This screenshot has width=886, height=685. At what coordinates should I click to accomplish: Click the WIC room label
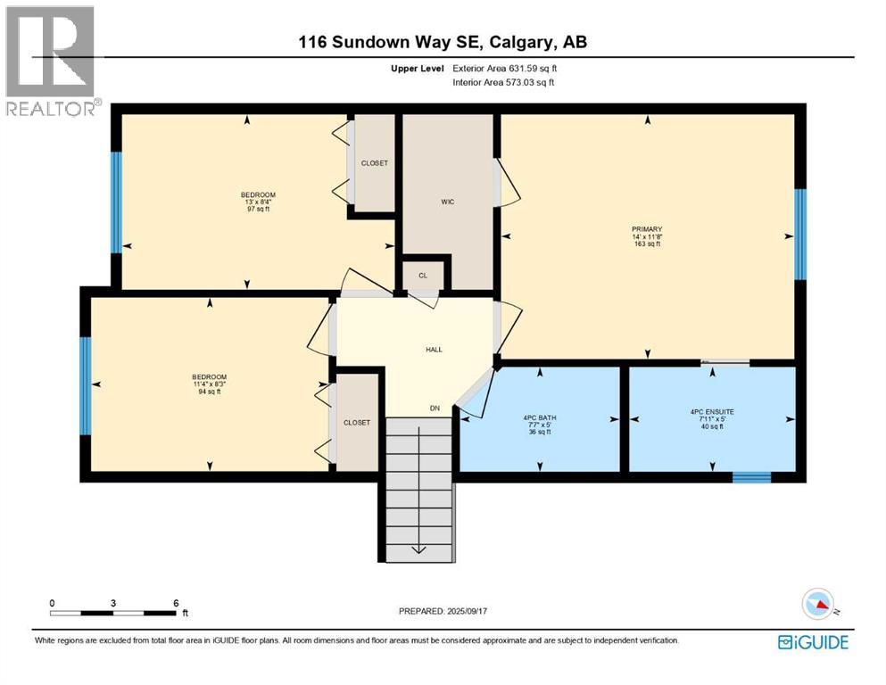pyautogui.click(x=447, y=202)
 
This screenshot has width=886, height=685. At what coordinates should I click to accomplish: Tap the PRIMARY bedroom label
pyautogui.click(x=647, y=229)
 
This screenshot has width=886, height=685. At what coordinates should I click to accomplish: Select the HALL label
pyautogui.click(x=435, y=350)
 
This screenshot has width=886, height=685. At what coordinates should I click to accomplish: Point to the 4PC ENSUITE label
pyautogui.click(x=712, y=412)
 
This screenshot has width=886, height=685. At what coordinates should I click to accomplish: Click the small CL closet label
pyautogui.click(x=423, y=276)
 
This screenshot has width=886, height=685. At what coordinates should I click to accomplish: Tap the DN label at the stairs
pyautogui.click(x=435, y=409)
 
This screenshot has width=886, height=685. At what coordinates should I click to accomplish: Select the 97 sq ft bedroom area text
pyautogui.click(x=258, y=210)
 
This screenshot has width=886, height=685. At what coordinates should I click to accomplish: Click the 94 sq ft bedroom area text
pyautogui.click(x=210, y=392)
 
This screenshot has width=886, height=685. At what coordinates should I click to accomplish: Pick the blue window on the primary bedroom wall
pyautogui.click(x=799, y=235)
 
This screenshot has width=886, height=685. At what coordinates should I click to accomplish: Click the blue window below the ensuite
pyautogui.click(x=751, y=477)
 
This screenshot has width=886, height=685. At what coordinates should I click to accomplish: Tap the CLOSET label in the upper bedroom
pyautogui.click(x=374, y=163)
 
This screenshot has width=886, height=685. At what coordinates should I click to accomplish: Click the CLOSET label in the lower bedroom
pyautogui.click(x=356, y=423)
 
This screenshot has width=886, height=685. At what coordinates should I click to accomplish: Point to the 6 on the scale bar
pyautogui.click(x=176, y=603)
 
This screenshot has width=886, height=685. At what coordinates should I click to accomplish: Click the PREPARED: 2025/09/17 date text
pyautogui.click(x=446, y=611)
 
